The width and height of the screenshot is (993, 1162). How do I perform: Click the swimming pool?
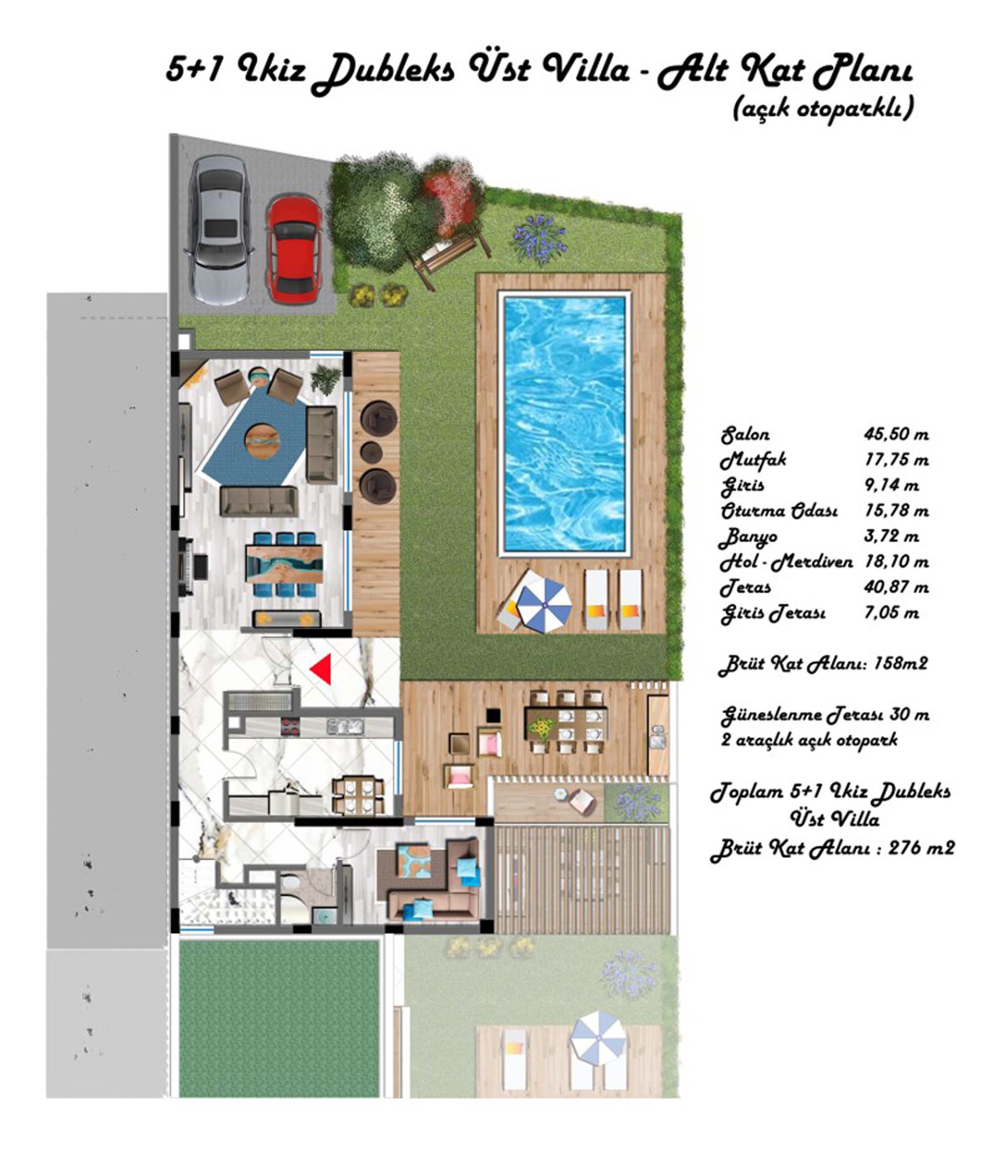click(x=565, y=424)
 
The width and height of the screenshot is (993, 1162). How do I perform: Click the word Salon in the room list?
click(x=745, y=435)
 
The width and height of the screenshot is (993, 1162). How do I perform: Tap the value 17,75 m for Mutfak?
click(x=896, y=460)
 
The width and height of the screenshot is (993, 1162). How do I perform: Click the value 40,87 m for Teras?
click(x=896, y=587)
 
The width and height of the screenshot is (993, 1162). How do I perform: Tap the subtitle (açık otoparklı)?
click(x=823, y=108)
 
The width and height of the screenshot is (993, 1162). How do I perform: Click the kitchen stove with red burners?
click(x=290, y=727)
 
